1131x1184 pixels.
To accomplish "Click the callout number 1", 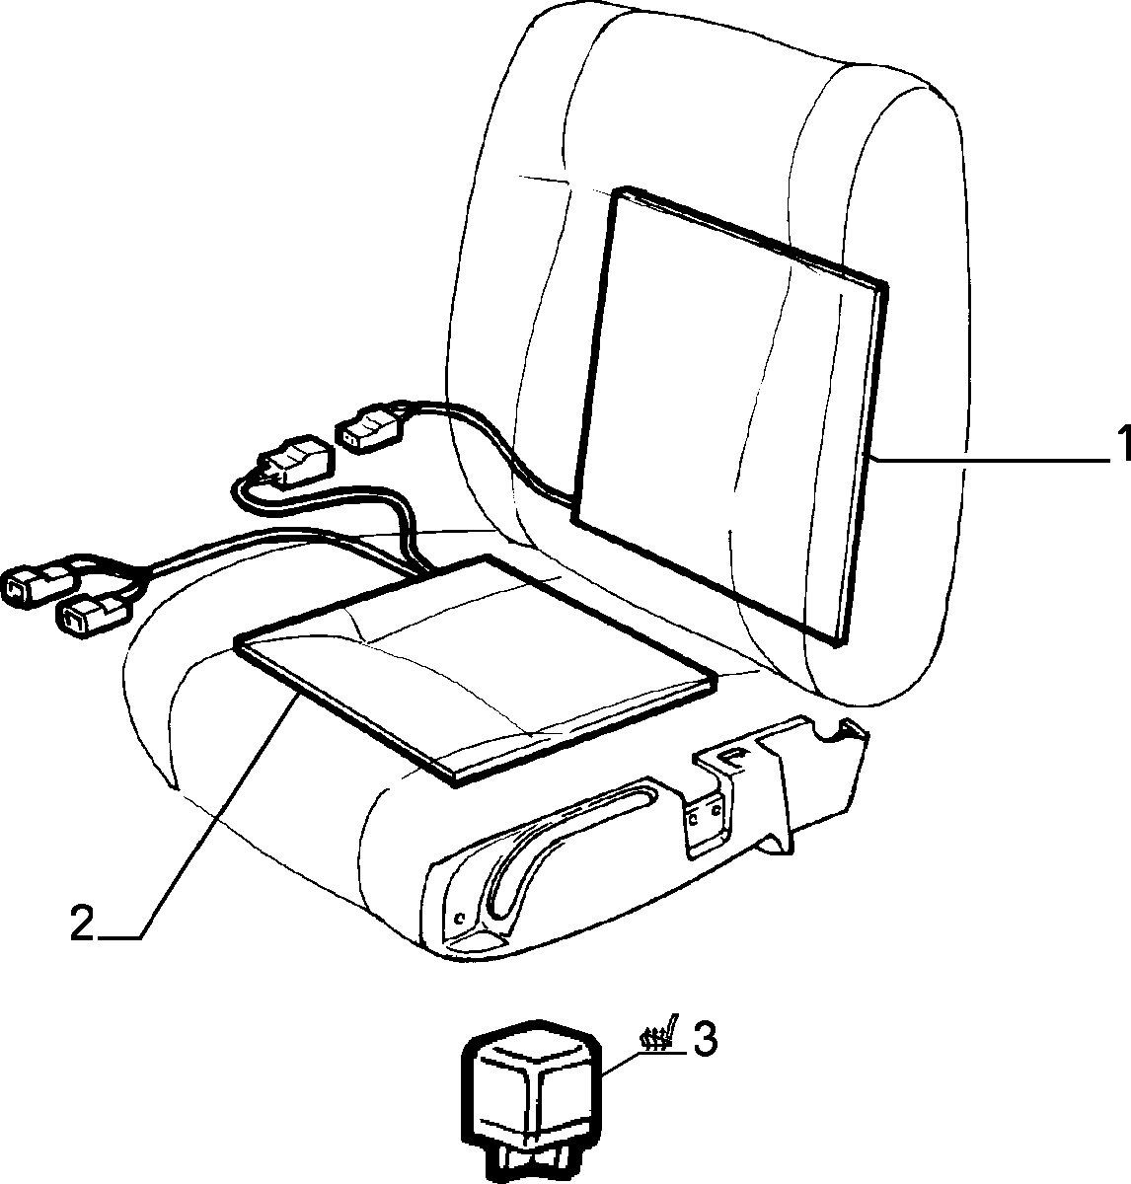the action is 1122,444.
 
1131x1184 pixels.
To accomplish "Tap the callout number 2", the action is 82,923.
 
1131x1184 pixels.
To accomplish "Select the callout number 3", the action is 705,1040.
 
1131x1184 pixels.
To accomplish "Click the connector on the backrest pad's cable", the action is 370,429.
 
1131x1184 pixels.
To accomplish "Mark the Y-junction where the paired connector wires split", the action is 141,574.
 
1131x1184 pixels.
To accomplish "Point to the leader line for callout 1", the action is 989,461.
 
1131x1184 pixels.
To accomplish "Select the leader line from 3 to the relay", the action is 645,1065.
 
